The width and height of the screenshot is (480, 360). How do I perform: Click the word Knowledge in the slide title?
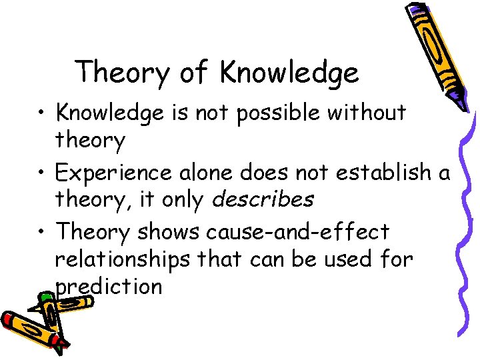tap(288, 73)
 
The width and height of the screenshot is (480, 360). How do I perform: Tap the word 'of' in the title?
tap(195, 72)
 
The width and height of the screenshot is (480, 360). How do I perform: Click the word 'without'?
tap(372, 113)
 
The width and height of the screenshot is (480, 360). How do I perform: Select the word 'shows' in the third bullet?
tap(169, 232)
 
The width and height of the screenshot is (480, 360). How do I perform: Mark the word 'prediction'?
tap(109, 287)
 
